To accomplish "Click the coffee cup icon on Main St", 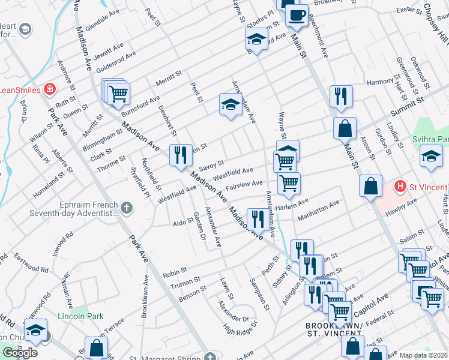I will [x=296, y=16].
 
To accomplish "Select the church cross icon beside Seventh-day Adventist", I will [x=126, y=208].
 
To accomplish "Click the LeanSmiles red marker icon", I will [x=50, y=90].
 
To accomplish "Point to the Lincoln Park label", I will [x=80, y=316].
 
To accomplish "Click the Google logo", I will [x=20, y=353].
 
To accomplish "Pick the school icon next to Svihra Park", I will [x=430, y=158].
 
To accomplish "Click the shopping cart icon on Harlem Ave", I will [x=289, y=184].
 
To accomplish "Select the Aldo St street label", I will [x=182, y=221].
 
